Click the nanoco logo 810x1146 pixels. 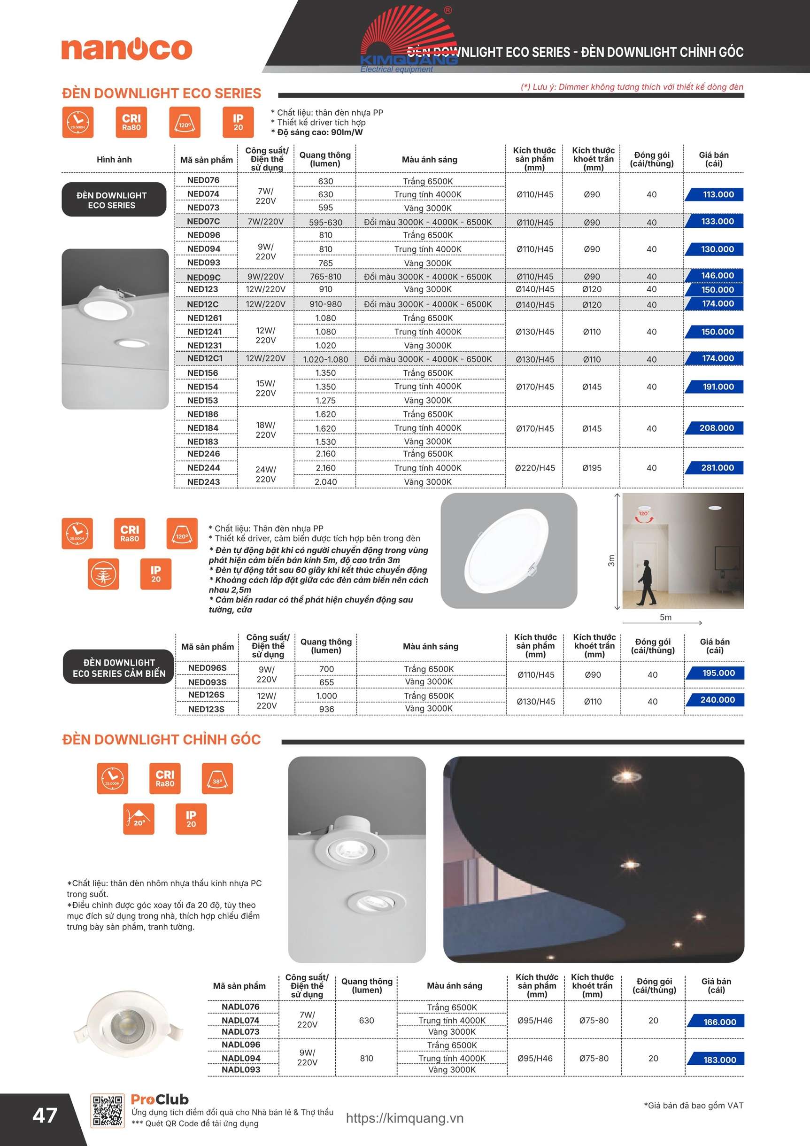click(127, 49)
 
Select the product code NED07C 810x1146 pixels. click(203, 221)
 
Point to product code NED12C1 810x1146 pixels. click(205, 358)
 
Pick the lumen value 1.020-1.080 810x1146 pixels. click(325, 359)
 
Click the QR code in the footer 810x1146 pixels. click(107, 1112)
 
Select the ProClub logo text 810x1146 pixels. click(160, 1100)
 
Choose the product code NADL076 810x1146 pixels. click(240, 1007)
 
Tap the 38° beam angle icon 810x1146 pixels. click(217, 778)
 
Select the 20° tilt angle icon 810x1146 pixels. click(139, 819)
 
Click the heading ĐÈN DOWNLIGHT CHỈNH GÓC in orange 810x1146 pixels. click(161, 740)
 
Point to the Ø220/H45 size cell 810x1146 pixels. click(534, 468)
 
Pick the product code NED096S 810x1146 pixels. click(207, 668)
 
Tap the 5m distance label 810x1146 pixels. click(665, 618)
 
